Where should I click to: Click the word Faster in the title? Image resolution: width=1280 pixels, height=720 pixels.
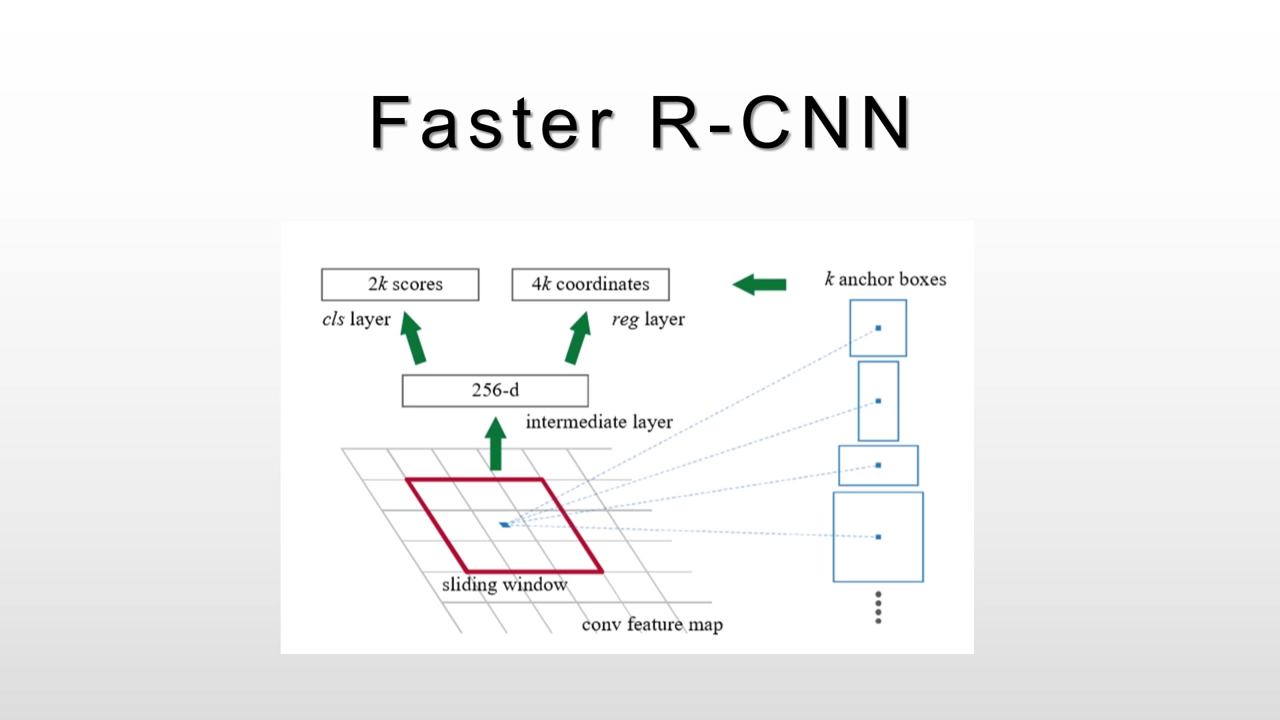point(491,123)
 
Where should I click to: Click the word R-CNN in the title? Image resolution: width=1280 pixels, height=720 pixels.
point(780,123)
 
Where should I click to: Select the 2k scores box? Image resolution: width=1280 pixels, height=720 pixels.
point(400,285)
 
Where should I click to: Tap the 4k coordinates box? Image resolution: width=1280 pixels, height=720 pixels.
point(590,285)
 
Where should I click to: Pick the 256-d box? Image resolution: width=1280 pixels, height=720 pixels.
point(495,391)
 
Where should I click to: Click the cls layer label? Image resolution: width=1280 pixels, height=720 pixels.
point(356,319)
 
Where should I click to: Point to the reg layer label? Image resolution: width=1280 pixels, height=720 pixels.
point(648,319)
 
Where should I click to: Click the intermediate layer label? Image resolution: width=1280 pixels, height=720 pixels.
point(599,422)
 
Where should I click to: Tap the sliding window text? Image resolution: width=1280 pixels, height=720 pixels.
point(504,585)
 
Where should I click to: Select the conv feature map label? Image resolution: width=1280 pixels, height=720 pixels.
point(652,625)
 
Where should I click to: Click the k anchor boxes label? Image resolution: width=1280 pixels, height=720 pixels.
point(885,279)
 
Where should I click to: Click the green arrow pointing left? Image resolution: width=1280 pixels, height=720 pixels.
point(759,285)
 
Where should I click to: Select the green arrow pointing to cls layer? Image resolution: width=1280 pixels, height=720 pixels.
point(413,338)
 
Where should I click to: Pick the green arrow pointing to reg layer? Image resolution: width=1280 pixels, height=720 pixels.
point(578,338)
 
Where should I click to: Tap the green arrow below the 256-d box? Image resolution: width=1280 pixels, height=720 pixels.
point(495,443)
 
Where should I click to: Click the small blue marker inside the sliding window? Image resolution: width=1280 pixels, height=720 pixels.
point(505,525)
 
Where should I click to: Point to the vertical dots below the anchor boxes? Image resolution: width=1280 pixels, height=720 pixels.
point(878,607)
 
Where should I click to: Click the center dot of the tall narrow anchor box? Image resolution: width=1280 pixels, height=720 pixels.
point(878,401)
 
